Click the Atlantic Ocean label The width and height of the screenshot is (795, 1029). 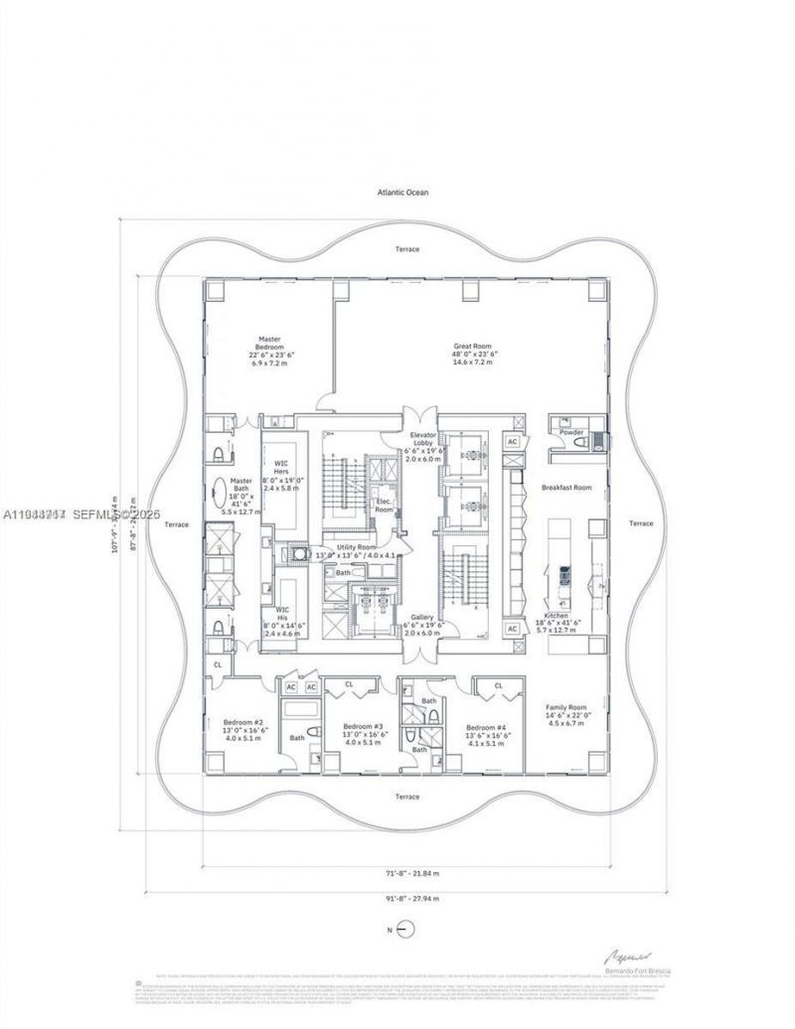click(x=402, y=193)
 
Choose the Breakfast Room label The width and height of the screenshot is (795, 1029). click(x=566, y=488)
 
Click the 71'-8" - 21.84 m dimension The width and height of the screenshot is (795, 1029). click(x=406, y=875)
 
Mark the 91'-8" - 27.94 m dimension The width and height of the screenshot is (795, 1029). click(x=406, y=898)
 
